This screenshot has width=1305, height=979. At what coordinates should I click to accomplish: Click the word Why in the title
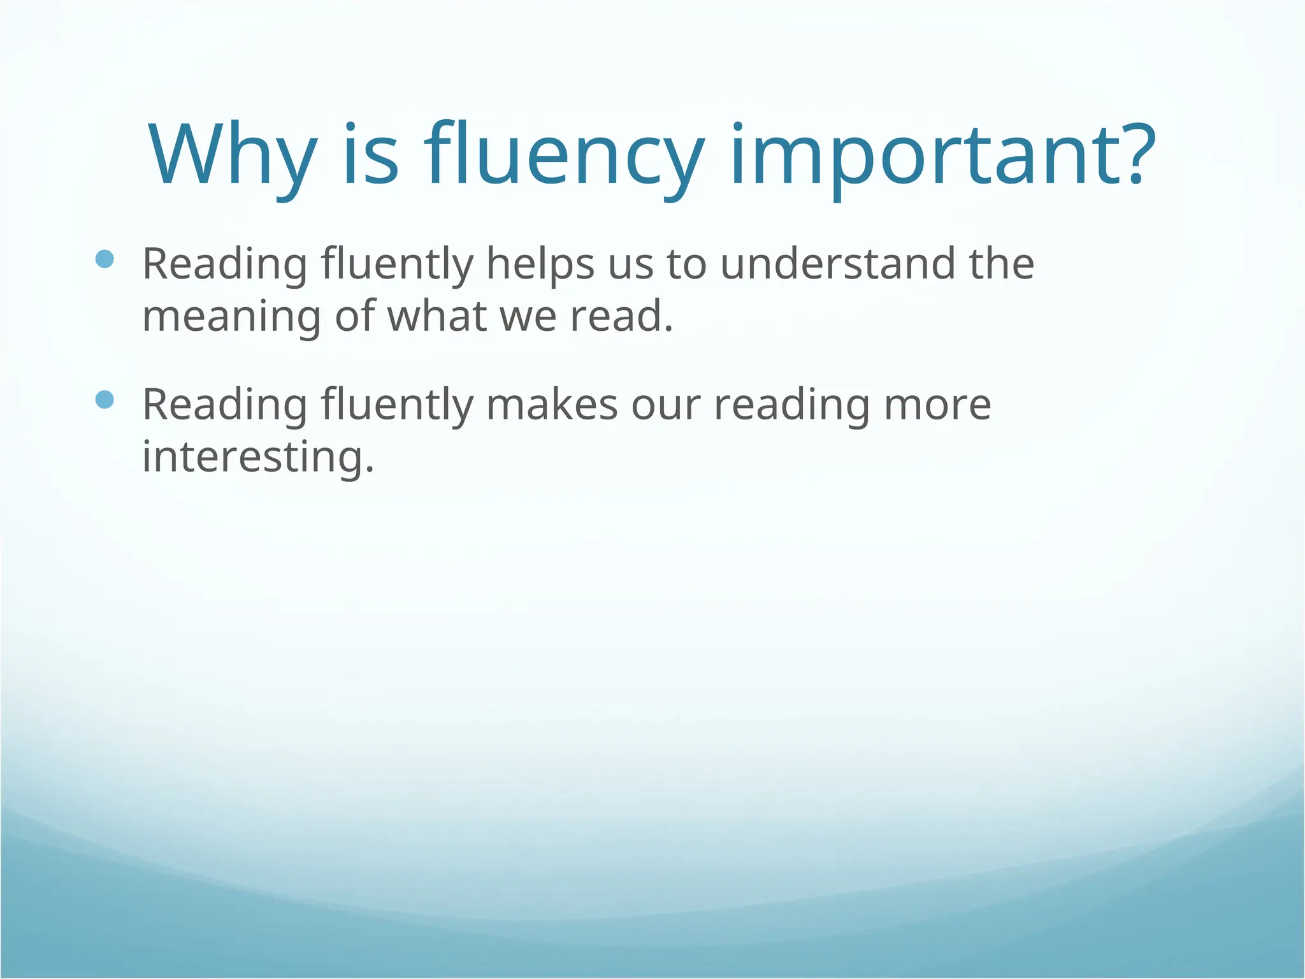point(232,156)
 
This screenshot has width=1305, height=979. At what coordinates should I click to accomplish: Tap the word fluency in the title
point(564,156)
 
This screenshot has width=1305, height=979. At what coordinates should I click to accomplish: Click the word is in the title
point(371,156)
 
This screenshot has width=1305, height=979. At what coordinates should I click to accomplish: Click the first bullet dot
point(105,259)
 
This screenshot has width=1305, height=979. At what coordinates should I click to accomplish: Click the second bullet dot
point(105,400)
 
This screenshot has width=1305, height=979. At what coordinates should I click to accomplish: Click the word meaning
point(231,317)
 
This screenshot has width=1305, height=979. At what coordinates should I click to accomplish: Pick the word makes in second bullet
point(552,405)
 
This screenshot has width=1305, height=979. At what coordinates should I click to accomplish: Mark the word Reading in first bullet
point(224,264)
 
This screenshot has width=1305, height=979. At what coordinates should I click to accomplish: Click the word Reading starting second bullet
point(224,405)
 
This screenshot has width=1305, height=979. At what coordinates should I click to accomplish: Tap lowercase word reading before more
point(791,406)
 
